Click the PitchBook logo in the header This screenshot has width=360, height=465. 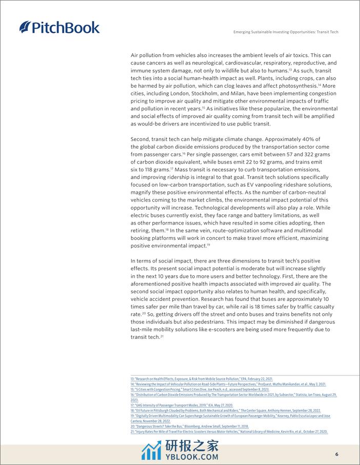point(59,27)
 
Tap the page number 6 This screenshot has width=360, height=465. point(336,454)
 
